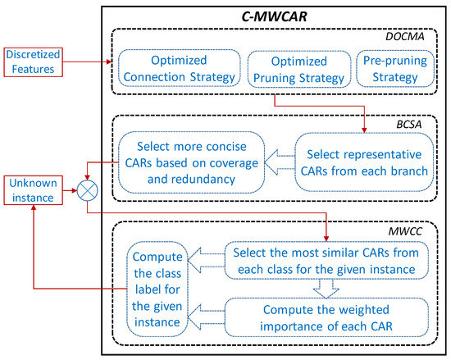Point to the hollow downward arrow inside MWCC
tap(326, 288)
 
